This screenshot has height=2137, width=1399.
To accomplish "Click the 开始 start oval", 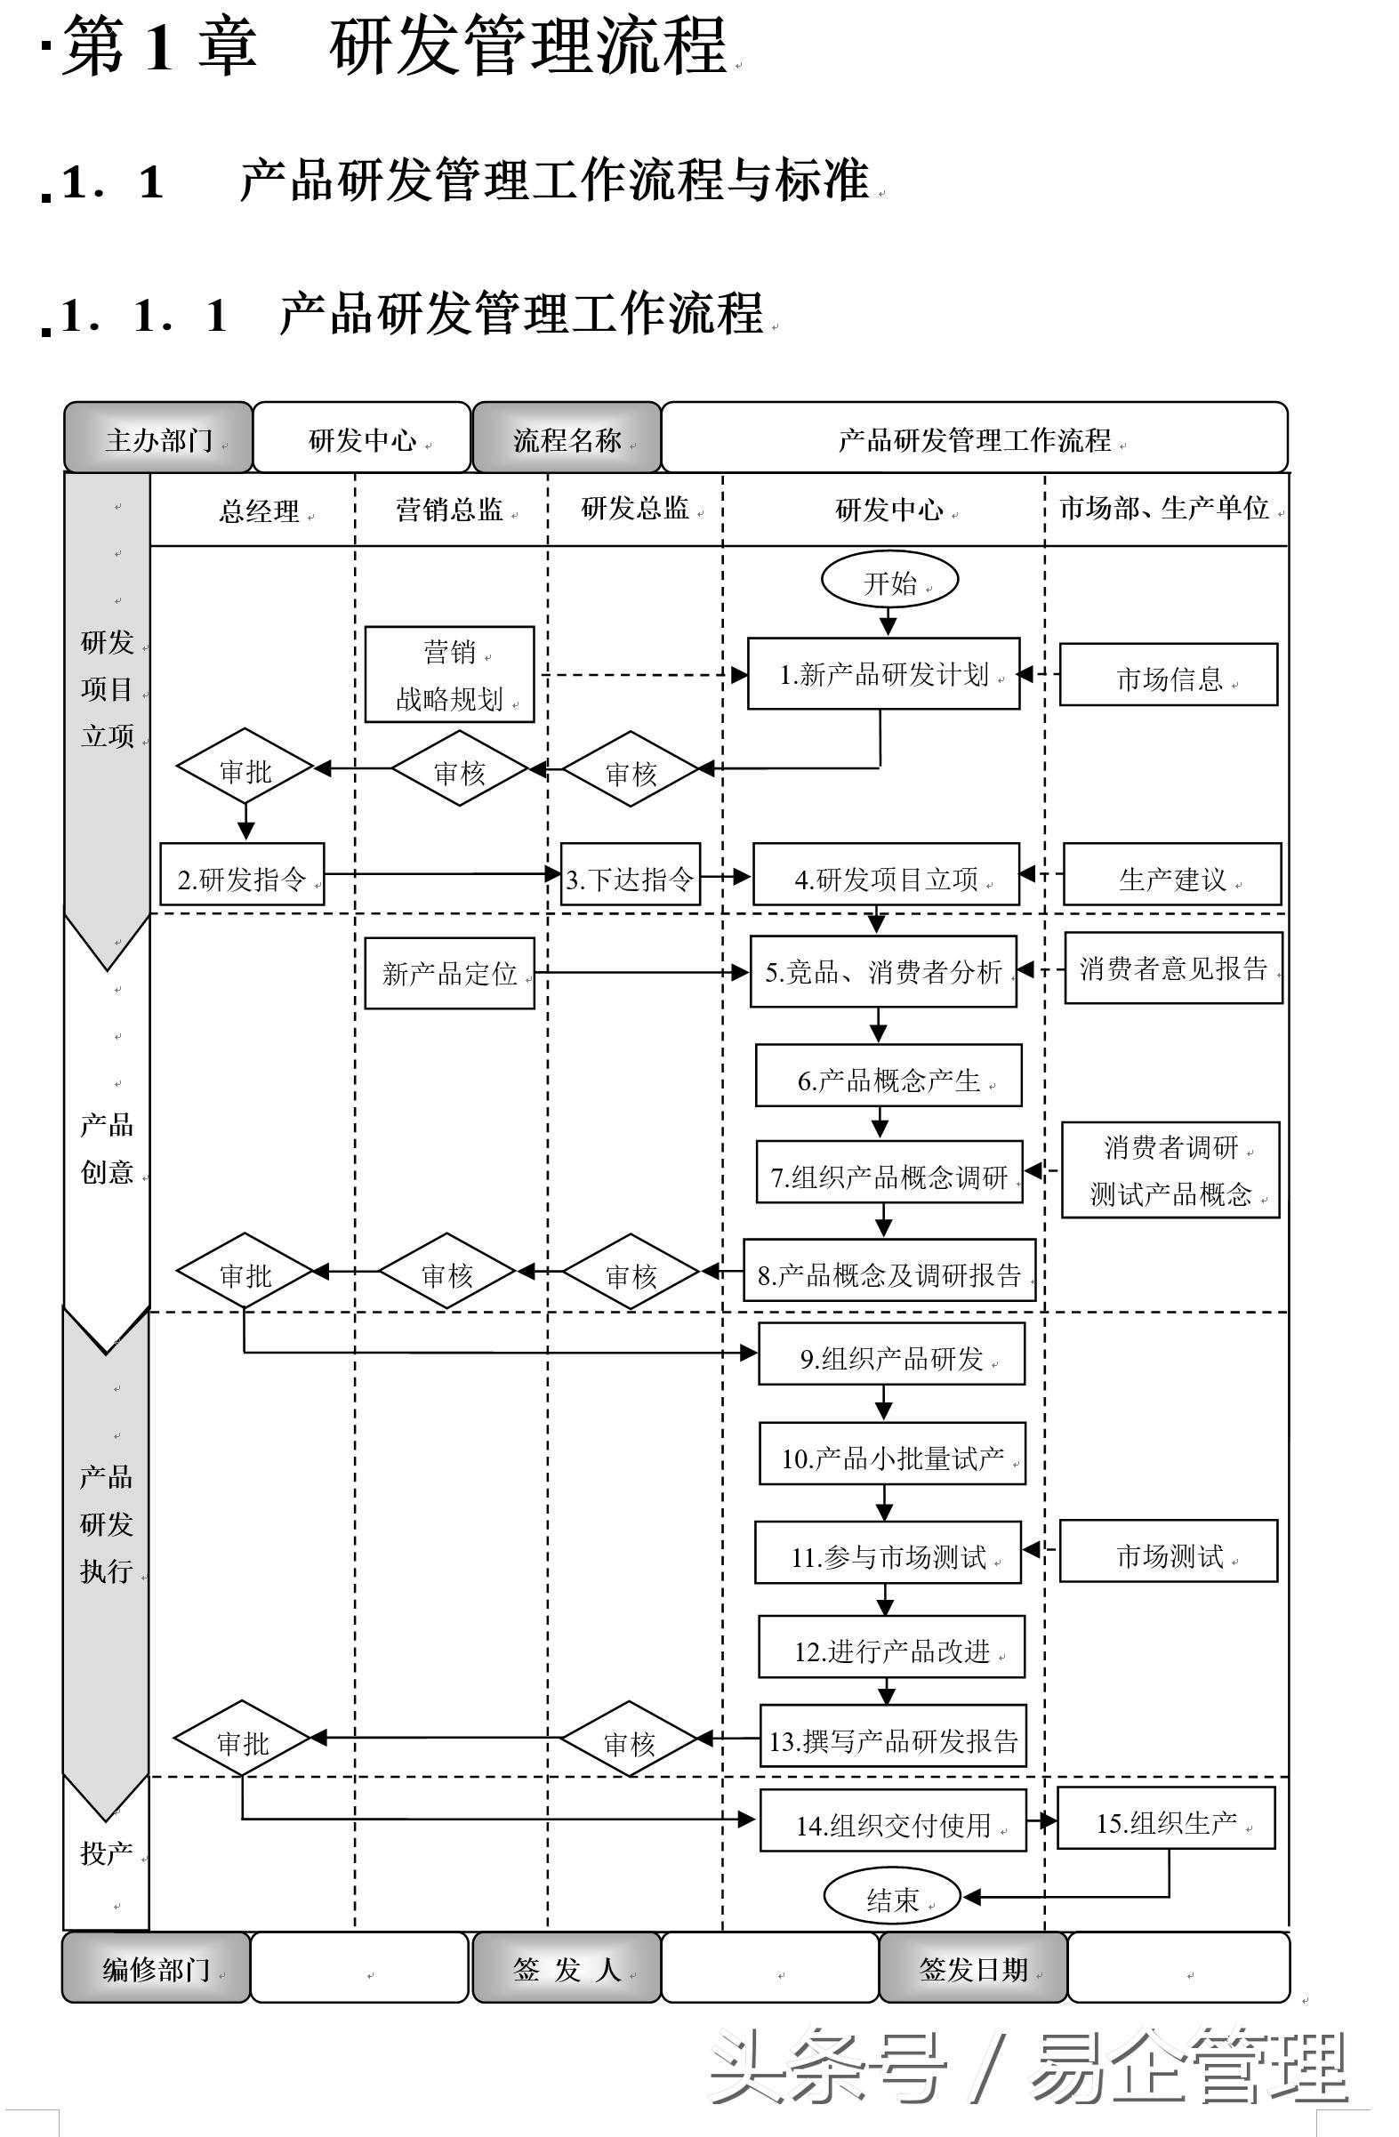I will tap(889, 581).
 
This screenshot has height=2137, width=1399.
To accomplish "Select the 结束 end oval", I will tap(892, 1896).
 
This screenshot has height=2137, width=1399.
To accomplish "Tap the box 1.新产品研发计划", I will tap(883, 674).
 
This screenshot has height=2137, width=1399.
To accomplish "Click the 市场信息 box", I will tap(1169, 675).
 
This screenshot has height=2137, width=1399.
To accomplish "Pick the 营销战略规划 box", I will tap(449, 674).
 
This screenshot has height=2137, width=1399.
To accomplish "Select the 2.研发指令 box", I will tap(242, 874).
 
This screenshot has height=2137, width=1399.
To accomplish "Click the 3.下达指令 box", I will tap(630, 874).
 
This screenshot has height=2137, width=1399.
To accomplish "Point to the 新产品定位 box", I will tap(449, 973).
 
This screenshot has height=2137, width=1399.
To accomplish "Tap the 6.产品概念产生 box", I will tap(888, 1076).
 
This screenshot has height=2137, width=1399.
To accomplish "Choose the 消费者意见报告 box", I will tap(1173, 968).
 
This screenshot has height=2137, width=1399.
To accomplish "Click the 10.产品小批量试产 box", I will tap(892, 1454).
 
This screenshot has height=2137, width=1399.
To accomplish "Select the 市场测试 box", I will tap(1169, 1553).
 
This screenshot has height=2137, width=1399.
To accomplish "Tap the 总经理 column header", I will tap(259, 510).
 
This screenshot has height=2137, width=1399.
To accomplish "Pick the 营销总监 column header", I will tap(449, 509).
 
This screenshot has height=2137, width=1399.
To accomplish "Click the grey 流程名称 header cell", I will tap(567, 438).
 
